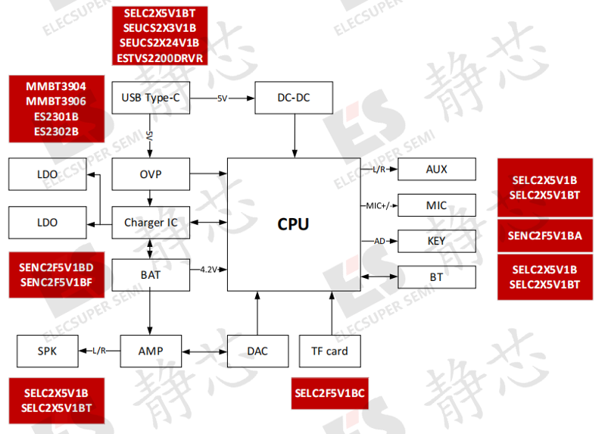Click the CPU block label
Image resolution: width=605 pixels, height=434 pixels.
(293, 224)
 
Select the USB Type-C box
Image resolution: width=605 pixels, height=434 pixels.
(151, 98)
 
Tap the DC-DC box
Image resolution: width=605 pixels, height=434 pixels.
(294, 98)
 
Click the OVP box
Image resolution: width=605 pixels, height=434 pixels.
(151, 174)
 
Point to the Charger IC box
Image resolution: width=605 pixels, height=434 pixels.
(151, 223)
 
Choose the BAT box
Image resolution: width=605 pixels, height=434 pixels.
(151, 275)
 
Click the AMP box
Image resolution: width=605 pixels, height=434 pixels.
(151, 351)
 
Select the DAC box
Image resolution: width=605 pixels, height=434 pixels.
(257, 351)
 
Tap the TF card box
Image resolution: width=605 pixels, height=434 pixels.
(330, 351)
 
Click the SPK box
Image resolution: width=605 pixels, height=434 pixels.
(48, 351)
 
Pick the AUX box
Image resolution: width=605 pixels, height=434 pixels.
(437, 169)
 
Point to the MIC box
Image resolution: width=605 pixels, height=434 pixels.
(437, 205)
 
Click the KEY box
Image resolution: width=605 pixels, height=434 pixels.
(437, 242)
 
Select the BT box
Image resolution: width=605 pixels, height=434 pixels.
(437, 277)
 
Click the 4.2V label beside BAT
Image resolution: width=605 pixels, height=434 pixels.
(209, 270)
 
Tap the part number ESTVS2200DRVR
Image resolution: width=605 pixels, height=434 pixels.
(160, 58)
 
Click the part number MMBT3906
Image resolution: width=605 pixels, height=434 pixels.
(56, 101)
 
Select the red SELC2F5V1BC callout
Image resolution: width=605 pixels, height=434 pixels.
(330, 393)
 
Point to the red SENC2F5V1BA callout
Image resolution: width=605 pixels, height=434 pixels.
(545, 236)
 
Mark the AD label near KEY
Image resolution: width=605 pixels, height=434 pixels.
(379, 242)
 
